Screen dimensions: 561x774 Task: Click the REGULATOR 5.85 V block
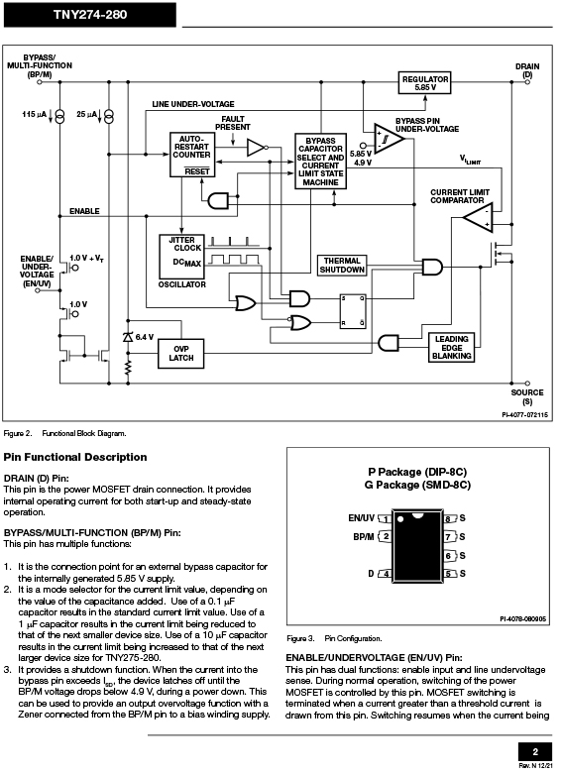424,83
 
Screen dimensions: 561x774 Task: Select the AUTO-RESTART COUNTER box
191,155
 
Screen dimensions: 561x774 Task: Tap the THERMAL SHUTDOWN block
342,265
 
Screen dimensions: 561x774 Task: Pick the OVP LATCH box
180,354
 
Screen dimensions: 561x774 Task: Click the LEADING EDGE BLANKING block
451,348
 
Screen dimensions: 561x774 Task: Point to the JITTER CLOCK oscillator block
181,257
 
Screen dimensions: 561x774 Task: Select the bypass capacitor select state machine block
320,161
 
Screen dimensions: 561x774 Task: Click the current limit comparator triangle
479,217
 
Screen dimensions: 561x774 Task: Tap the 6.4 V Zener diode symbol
128,337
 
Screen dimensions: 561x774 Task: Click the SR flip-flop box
353,311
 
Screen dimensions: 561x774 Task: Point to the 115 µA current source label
34,115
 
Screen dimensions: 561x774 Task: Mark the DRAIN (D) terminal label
527,70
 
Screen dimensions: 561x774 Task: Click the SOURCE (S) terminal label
527,396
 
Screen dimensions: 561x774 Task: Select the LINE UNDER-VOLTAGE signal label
193,104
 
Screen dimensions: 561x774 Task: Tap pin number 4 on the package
387,574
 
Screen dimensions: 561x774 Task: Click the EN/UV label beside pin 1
362,517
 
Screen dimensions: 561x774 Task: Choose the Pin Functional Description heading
75,457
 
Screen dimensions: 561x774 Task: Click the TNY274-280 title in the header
90,15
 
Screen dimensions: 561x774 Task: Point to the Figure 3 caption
334,638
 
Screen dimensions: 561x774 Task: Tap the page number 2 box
535,752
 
